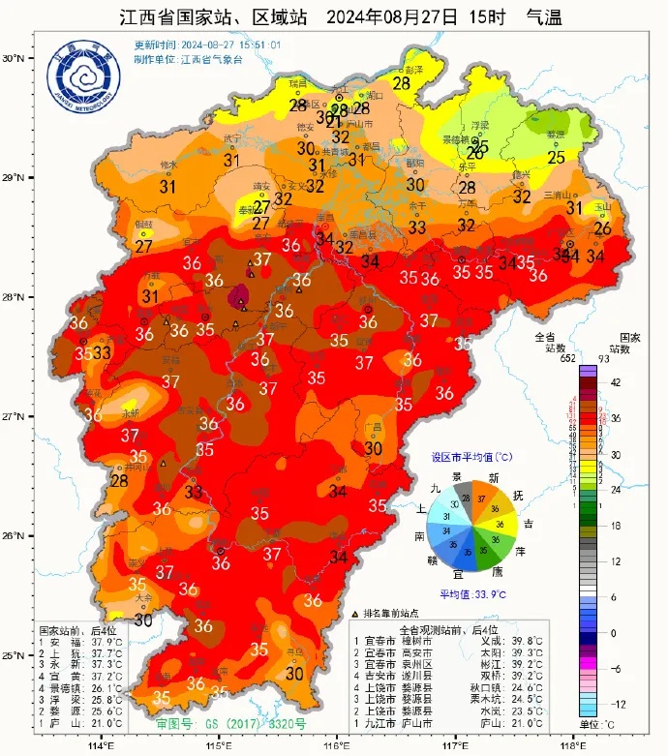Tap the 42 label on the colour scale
[x=614, y=382]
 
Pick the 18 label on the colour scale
[x=614, y=525]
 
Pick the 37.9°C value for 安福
[x=106, y=641]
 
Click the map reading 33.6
[x=313, y=600]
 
